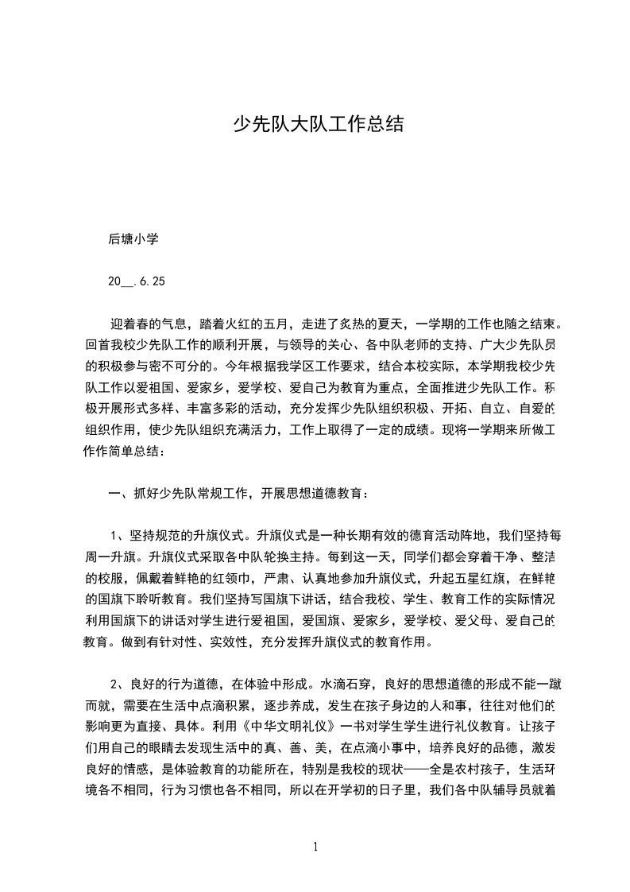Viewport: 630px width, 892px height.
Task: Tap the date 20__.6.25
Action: pyautogui.click(x=137, y=281)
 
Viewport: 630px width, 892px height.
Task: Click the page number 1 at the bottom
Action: pyautogui.click(x=316, y=847)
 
